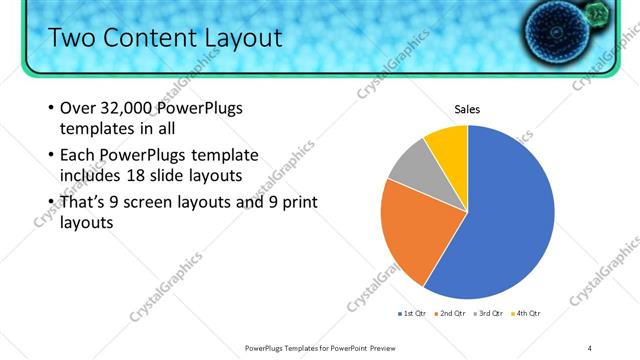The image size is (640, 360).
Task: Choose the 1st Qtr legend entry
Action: point(412,314)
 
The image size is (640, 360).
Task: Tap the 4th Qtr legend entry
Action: point(527,314)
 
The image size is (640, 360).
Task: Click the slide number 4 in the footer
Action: point(590,347)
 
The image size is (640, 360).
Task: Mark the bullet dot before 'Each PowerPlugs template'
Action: point(51,156)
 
